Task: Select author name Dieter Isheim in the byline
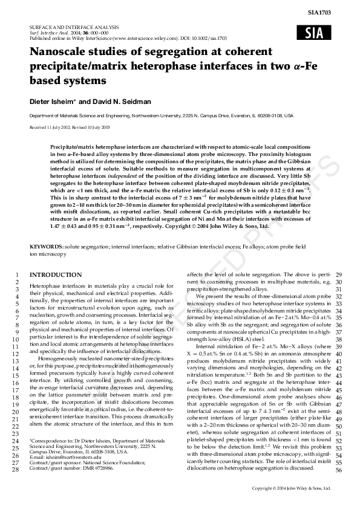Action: pos(53,100)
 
